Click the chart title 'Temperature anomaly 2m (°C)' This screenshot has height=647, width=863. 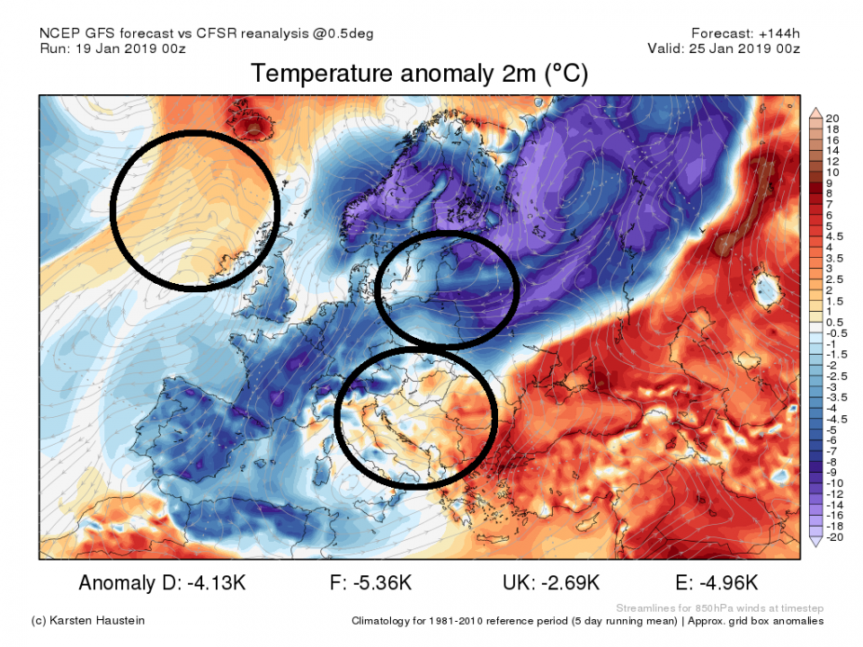coord(420,74)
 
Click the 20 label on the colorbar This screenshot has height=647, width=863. coord(832,119)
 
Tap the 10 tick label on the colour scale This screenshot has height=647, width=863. coord(832,172)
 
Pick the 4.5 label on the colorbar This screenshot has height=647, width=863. coord(834,236)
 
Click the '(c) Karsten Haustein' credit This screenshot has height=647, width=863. coord(88,621)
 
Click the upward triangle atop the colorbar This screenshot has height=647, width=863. coord(815,112)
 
